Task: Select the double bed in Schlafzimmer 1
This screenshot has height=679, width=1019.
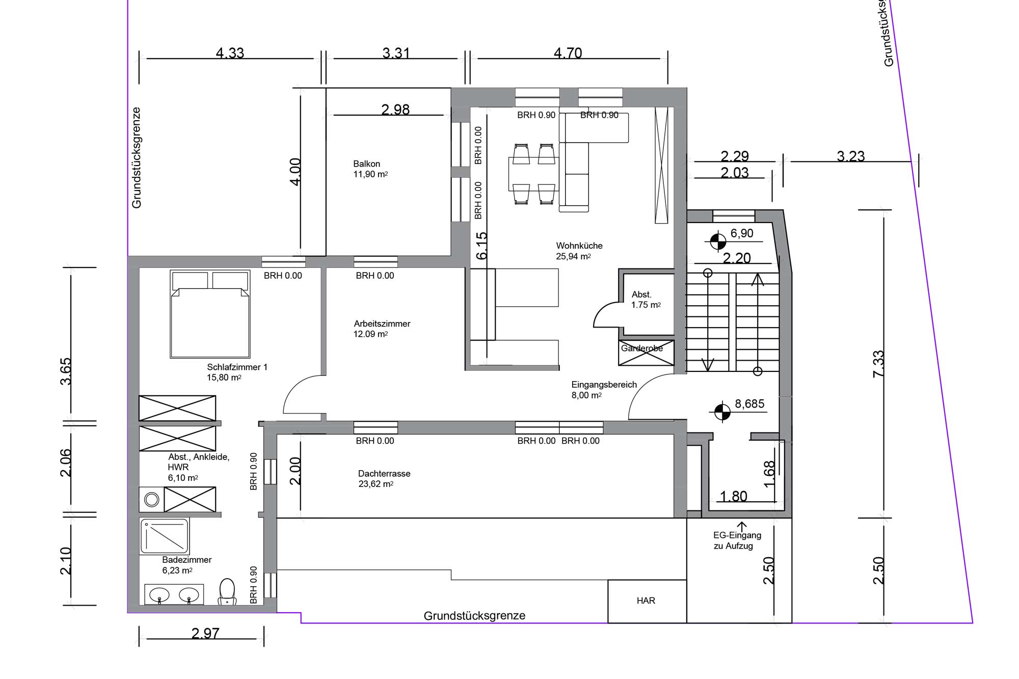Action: coord(210,314)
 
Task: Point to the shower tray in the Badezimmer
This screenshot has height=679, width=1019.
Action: coord(165,536)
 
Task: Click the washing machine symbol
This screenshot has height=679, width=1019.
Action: coord(152,499)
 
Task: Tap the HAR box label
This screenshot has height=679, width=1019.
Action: coord(646,601)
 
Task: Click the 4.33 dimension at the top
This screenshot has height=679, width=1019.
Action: coord(230,53)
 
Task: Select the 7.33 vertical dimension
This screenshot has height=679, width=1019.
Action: coord(878,364)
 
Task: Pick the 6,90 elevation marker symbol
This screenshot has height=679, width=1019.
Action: coord(718,241)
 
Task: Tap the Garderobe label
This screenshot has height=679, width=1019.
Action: coord(642,349)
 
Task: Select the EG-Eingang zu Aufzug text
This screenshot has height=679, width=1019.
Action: coord(737,540)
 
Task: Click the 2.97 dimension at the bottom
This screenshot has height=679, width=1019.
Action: coord(205,633)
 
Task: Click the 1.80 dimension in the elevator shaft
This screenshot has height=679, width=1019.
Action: coord(733,496)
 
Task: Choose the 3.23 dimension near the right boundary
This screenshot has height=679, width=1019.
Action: coord(851,156)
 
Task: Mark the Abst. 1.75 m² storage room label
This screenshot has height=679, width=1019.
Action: coord(646,300)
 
